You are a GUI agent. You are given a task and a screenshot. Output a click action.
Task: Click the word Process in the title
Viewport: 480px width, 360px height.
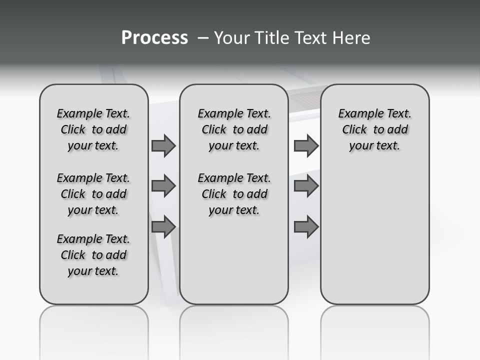tap(154, 38)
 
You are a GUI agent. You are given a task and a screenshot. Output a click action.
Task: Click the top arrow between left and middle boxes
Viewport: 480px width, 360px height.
tap(163, 145)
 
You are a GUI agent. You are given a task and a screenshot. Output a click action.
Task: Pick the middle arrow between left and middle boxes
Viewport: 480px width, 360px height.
tap(163, 186)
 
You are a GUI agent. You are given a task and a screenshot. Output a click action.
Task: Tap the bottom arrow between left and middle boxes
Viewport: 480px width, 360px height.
tap(163, 226)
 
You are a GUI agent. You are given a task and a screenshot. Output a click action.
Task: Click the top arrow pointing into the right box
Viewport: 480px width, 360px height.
tap(306, 145)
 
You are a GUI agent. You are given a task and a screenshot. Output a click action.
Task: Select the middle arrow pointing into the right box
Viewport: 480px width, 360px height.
tap(306, 186)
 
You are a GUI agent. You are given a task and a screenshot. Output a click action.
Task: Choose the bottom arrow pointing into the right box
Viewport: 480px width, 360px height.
tap(306, 226)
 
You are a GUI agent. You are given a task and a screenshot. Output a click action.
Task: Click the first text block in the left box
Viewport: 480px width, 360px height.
tap(93, 129)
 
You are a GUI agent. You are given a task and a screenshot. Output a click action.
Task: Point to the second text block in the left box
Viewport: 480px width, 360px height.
tap(93, 194)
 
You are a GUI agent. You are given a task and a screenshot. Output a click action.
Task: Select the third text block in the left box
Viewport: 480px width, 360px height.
tap(93, 255)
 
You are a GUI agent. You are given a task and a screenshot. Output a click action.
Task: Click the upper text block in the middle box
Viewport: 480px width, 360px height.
tap(234, 129)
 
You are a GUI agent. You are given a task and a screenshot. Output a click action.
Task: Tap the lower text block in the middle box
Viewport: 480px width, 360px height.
tap(234, 194)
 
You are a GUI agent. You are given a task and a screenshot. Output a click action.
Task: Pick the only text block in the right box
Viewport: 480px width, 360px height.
tap(374, 129)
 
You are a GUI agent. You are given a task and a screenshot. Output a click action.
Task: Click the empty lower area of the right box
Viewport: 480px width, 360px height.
tap(374, 235)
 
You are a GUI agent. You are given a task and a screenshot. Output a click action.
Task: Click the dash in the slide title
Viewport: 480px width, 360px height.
tap(203, 38)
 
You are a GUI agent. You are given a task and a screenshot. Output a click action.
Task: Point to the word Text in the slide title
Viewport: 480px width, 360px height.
tap(310, 38)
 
